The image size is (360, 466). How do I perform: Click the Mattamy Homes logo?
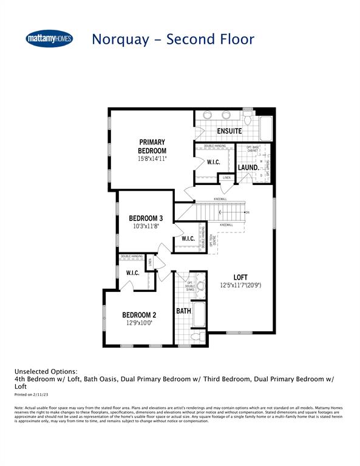tap(49, 39)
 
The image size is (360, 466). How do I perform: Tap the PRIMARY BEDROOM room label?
tap(152, 146)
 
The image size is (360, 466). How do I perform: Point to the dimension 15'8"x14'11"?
tap(152, 159)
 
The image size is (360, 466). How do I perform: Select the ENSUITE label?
tap(229, 131)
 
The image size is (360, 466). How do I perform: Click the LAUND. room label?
tap(248, 167)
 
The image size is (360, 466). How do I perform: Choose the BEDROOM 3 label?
tap(146, 218)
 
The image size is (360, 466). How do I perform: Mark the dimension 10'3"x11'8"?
tap(146, 227)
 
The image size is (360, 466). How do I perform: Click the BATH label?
tap(183, 311)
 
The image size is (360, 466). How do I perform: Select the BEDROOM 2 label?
tap(140, 315)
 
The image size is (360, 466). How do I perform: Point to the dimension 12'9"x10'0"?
tap(140, 323)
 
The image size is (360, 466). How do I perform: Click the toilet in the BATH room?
tap(197, 336)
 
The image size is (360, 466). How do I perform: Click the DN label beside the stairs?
tap(247, 212)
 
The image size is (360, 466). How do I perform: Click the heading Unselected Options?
tap(46, 371)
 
